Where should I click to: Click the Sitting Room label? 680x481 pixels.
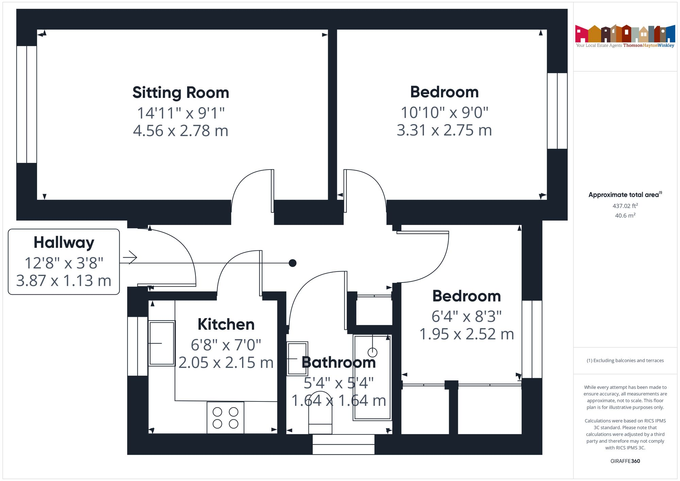181,93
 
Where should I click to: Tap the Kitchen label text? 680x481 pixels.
226,324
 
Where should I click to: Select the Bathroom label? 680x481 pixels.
339,362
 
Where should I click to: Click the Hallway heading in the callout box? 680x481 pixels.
64,243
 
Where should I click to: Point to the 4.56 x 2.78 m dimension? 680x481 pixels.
181,131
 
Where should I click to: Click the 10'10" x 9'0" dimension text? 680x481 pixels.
444,113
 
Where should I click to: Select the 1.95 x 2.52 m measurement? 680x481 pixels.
466,334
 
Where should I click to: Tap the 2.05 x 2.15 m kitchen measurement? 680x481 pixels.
226,363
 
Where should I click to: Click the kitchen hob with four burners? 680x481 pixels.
225,417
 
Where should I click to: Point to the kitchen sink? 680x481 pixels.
162,343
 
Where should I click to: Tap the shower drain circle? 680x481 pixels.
373,352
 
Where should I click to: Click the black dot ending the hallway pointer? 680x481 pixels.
292,263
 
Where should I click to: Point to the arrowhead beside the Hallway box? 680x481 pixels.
131,257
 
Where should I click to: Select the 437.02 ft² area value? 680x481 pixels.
625,206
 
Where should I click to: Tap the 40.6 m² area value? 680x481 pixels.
625,216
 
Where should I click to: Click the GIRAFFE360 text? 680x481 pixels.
625,461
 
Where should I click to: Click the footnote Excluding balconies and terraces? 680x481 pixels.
625,360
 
